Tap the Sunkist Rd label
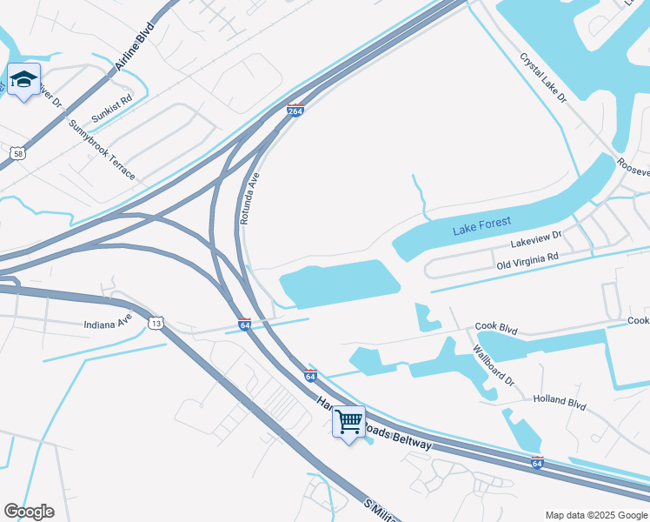pyautogui.click(x=114, y=108)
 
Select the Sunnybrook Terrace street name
pyautogui.click(x=103, y=150)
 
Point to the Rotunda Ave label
pyautogui.click(x=250, y=198)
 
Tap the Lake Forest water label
pyautogui.click(x=481, y=226)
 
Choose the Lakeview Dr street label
pyautogui.click(x=537, y=236)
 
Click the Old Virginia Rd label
pyautogui.click(x=527, y=260)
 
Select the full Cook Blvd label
pyautogui.click(x=496, y=328)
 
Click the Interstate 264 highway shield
pyautogui.click(x=295, y=111)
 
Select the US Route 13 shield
pyautogui.click(x=156, y=323)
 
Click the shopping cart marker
pyautogui.click(x=349, y=422)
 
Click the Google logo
pyautogui.click(x=29, y=512)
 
